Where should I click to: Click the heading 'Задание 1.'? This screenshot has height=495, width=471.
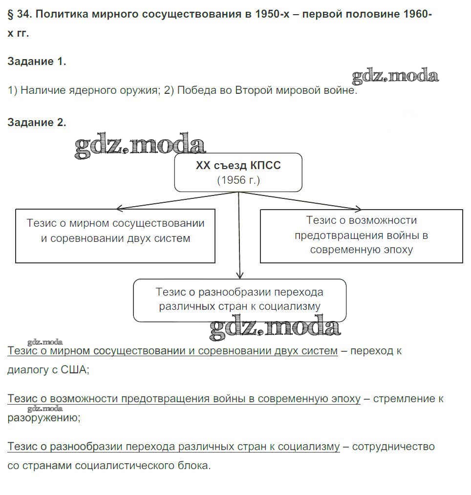(37, 62)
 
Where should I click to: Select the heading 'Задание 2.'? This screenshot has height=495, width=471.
(37, 123)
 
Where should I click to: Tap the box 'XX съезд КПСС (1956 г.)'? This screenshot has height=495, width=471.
(238, 172)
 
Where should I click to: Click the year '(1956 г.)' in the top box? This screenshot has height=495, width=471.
(238, 180)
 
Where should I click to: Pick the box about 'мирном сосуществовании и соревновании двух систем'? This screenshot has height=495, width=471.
(115, 236)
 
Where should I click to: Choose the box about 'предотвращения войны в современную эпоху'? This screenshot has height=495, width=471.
(361, 236)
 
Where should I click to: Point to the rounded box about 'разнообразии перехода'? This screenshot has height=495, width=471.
(239, 300)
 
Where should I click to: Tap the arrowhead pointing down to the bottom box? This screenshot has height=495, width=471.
(239, 276)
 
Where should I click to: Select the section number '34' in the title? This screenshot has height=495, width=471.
(23, 15)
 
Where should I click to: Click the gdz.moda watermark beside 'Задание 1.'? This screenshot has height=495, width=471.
(395, 76)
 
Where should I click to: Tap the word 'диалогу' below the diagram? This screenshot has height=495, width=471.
(26, 370)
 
